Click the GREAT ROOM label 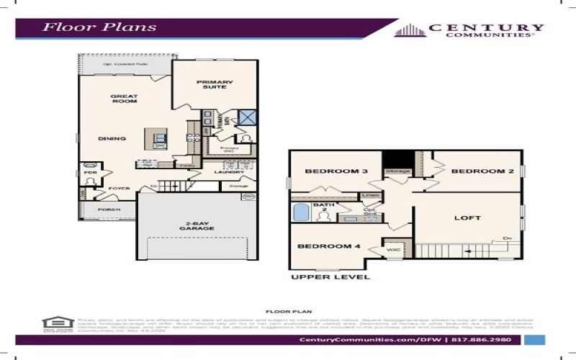pyautogui.click(x=124, y=99)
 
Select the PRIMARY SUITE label pyautogui.click(x=215, y=85)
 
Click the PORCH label pyautogui.click(x=110, y=210)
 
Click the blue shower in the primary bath pyautogui.click(x=248, y=118)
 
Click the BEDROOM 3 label pyautogui.click(x=326, y=171)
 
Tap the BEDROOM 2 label pyautogui.click(x=472, y=171)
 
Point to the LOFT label pyautogui.click(x=467, y=217)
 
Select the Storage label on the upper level pyautogui.click(x=397, y=171)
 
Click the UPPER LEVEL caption pyautogui.click(x=330, y=276)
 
